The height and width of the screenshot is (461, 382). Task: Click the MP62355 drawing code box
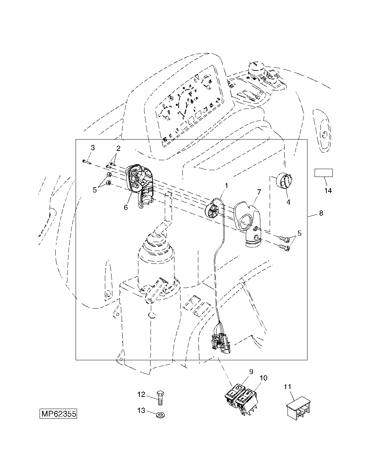pos(58,414)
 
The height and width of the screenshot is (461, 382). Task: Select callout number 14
pos(328,190)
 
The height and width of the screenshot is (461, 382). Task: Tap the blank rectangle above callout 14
pos(324,173)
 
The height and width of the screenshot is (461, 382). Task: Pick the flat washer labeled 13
pos(161,415)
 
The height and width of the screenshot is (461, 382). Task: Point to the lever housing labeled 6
pos(139,185)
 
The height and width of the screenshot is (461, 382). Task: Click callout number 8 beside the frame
pos(321,213)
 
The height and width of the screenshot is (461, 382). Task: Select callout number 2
pos(118,148)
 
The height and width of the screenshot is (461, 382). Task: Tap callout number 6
pos(126,207)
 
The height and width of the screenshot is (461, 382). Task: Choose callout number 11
pos(287,387)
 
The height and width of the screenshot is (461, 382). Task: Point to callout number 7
pos(259,192)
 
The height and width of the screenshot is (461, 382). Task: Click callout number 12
pos(141,394)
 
